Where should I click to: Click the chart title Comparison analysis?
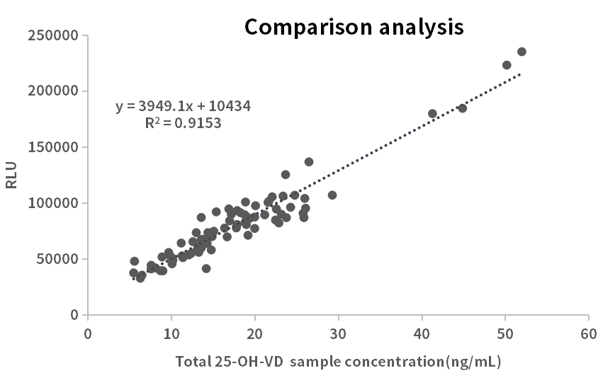[x=354, y=27]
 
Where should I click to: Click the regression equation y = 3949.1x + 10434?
[x=183, y=106]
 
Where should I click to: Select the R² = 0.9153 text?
[x=183, y=122]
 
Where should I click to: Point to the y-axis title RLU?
[x=11, y=175]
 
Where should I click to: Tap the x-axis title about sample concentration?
[x=338, y=362]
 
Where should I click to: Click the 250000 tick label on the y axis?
[x=53, y=35]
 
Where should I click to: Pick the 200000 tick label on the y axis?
[x=53, y=91]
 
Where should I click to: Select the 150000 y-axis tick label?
[x=53, y=147]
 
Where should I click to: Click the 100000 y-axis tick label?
[x=53, y=203]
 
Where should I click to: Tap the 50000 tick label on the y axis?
[x=57, y=259]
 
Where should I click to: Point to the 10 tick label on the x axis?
[x=171, y=333]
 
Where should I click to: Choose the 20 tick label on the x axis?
[x=254, y=333]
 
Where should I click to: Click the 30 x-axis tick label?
[x=338, y=333]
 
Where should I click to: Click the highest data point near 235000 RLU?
[x=522, y=52]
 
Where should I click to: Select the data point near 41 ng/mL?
[x=432, y=113]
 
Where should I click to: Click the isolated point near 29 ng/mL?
[x=332, y=195]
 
